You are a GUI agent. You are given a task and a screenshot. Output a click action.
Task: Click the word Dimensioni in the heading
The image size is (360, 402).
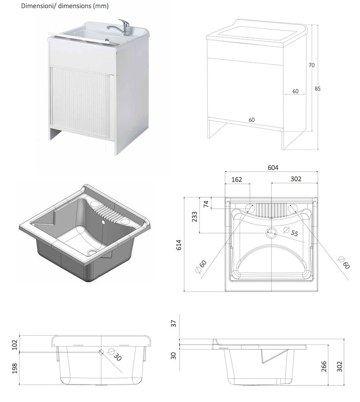38,6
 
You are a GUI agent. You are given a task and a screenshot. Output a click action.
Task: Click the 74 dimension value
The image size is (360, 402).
207,204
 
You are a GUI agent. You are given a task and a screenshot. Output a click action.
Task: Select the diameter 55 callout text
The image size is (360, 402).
294,233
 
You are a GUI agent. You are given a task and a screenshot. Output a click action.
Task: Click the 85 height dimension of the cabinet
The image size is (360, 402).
318,88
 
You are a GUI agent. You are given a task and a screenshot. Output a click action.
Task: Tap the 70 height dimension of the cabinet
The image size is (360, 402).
311,65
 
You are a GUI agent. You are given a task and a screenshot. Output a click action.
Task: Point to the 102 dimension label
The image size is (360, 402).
15,343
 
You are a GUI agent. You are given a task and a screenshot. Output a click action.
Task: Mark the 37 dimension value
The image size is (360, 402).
173,323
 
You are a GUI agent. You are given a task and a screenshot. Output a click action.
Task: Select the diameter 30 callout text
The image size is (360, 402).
117,357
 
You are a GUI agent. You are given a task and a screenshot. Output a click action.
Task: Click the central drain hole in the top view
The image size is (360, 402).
271,233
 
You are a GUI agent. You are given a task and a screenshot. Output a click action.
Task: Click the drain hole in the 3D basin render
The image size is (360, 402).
92,252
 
